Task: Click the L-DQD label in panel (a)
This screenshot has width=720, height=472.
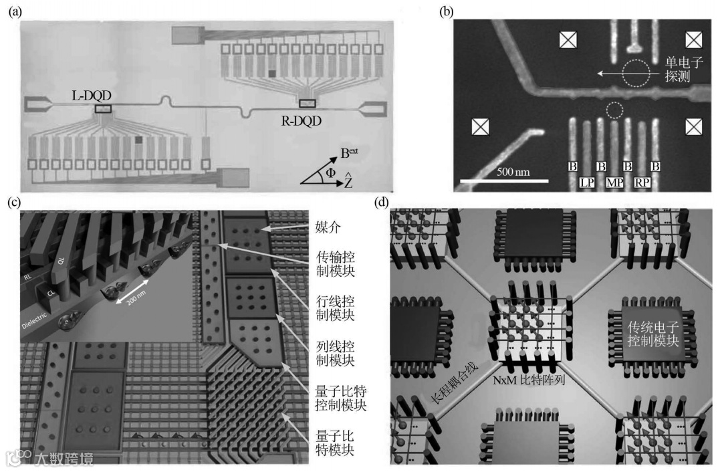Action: coord(90,96)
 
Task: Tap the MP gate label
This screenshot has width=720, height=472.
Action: coord(615,182)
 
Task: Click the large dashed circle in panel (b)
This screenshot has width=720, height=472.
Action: coord(635,74)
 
